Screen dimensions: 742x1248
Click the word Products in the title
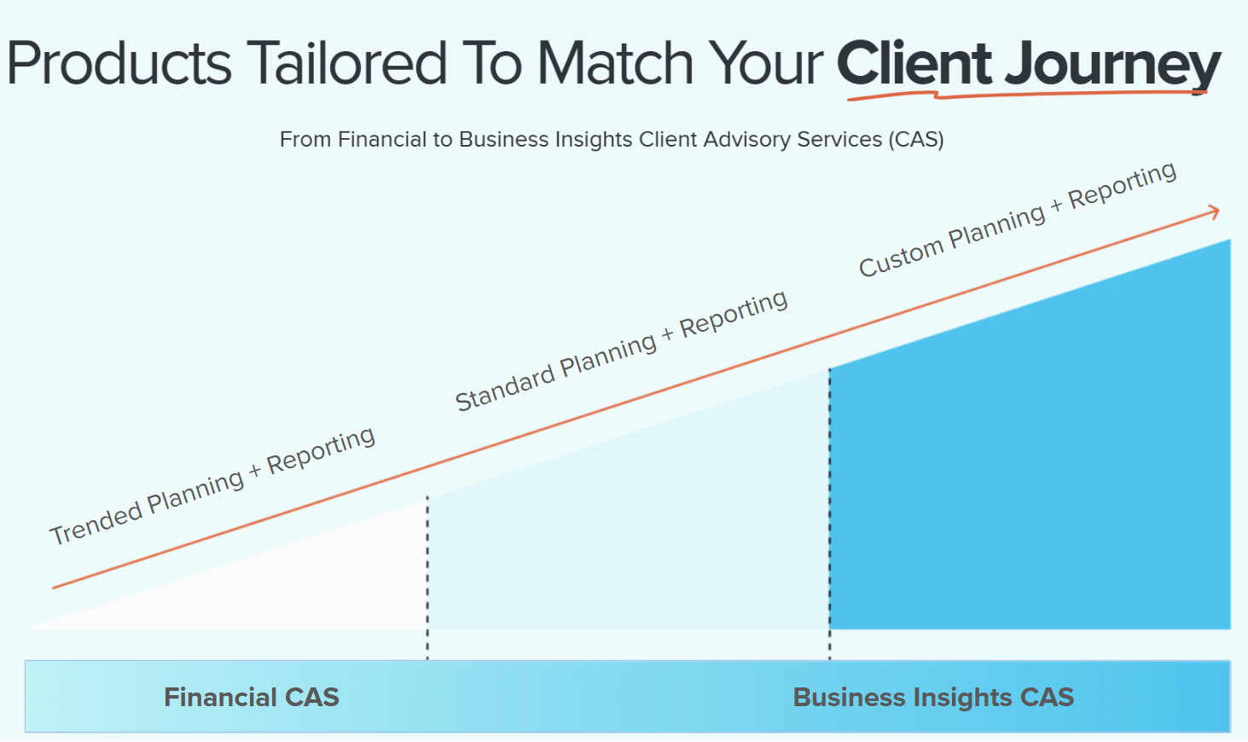coord(119,65)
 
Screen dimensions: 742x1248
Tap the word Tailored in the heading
coord(346,65)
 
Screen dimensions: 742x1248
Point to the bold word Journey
coord(1113,67)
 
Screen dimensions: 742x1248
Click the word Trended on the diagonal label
coord(96,521)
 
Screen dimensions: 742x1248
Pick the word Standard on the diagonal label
coord(504,388)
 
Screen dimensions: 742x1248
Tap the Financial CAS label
coord(252,698)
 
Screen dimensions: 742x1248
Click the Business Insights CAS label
coord(933,698)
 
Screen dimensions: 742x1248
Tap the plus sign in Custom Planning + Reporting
coord(1056,206)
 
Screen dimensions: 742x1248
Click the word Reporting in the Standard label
coord(734,312)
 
